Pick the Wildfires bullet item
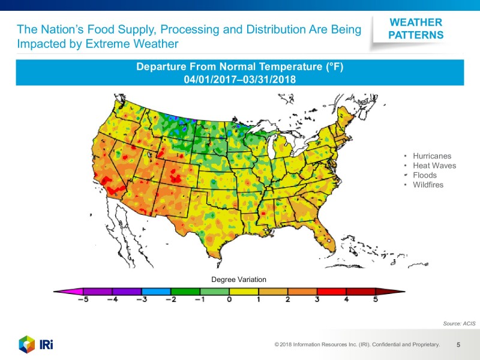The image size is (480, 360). (x=428, y=185)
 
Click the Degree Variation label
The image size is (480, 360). (x=238, y=280)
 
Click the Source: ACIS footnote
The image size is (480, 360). (x=458, y=323)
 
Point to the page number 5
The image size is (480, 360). (x=458, y=345)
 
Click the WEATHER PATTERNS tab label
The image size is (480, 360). (x=416, y=29)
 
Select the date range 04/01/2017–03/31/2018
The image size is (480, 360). (x=240, y=79)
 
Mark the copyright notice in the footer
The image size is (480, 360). (x=357, y=345)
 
